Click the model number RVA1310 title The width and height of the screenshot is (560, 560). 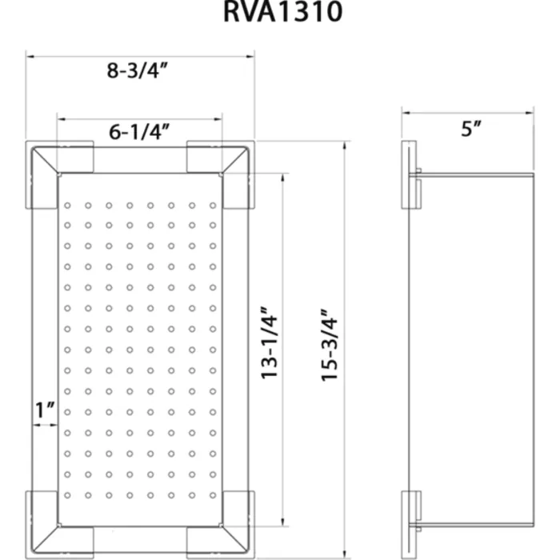click(x=283, y=11)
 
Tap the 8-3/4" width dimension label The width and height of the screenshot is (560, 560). click(x=137, y=70)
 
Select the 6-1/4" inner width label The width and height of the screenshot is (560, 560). click(x=139, y=131)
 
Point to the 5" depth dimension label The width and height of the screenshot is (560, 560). click(x=471, y=128)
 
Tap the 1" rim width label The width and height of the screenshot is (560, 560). click(x=46, y=410)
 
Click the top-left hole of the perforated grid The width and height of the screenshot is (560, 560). click(x=67, y=206)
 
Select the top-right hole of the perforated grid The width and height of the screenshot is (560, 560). click(x=213, y=206)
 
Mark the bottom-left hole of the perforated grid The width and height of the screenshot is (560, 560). click(x=67, y=495)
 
